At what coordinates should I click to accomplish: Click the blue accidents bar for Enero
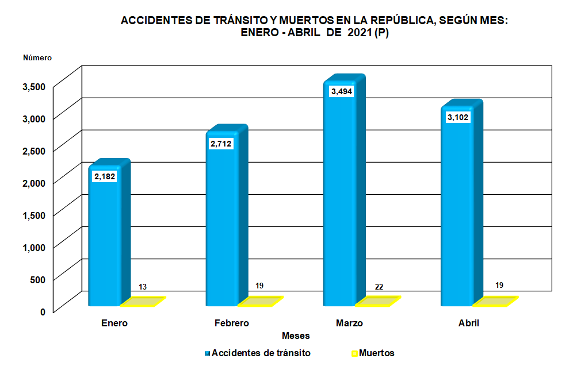tap(105, 241)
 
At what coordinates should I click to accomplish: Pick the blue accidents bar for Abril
tap(457, 213)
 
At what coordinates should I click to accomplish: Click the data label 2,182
tap(105, 176)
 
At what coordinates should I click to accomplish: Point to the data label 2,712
tap(221, 144)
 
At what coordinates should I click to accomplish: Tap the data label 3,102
tap(458, 118)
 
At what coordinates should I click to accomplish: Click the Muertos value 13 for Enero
tap(143, 287)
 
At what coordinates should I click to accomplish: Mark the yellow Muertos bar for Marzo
tap(377, 301)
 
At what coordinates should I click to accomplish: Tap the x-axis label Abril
tap(469, 323)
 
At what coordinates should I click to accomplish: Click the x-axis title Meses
tap(296, 336)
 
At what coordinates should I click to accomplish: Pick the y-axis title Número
tap(37, 57)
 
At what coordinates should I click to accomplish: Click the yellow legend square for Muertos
tap(354, 353)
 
